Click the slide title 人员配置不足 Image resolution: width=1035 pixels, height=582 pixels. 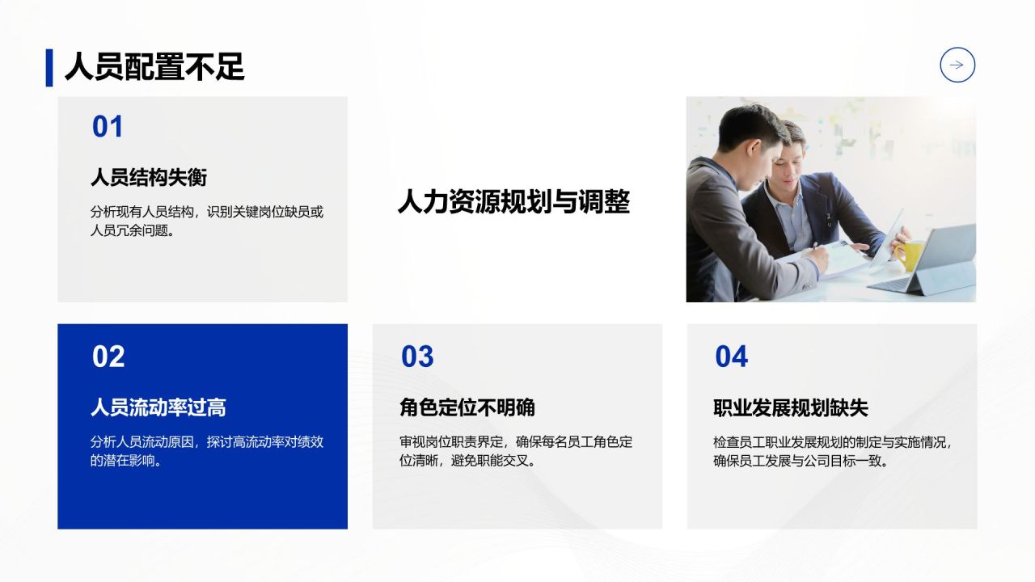coord(154,67)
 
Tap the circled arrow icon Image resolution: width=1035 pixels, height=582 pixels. coord(957,65)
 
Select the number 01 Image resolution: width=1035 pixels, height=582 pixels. coord(108,127)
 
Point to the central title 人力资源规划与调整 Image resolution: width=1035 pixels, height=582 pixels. coord(513,201)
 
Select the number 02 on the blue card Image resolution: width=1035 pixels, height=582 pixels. coord(108,356)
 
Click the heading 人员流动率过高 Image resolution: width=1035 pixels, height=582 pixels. coord(158,407)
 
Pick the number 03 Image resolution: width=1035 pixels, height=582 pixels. coord(417,356)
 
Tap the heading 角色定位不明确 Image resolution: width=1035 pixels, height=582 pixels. coord(467,407)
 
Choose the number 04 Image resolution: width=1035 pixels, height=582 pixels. coord(732,356)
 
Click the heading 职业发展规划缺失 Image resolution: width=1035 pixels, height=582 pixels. coord(791,407)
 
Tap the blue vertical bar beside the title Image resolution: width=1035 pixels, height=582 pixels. coord(49,67)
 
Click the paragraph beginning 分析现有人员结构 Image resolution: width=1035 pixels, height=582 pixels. coord(207,221)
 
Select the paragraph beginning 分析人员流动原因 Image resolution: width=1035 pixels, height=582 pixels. coord(207,451)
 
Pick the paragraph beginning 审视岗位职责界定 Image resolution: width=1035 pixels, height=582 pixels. coord(516,451)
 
